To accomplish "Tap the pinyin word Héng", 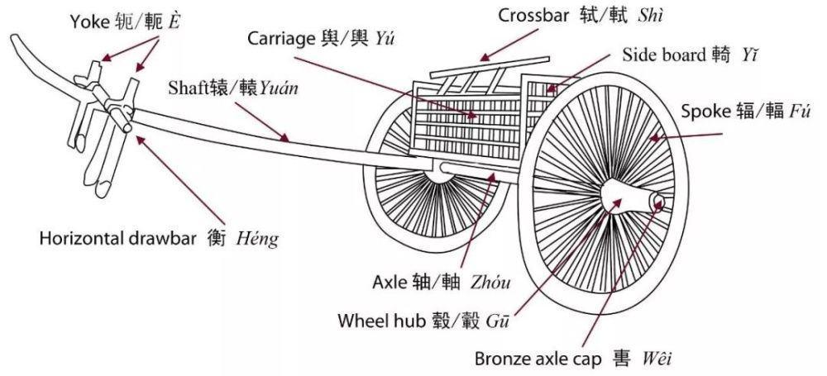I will click(256, 239).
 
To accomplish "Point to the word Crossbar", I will click(531, 16).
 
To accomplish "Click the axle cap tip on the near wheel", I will click(659, 200).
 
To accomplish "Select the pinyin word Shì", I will click(649, 16).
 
